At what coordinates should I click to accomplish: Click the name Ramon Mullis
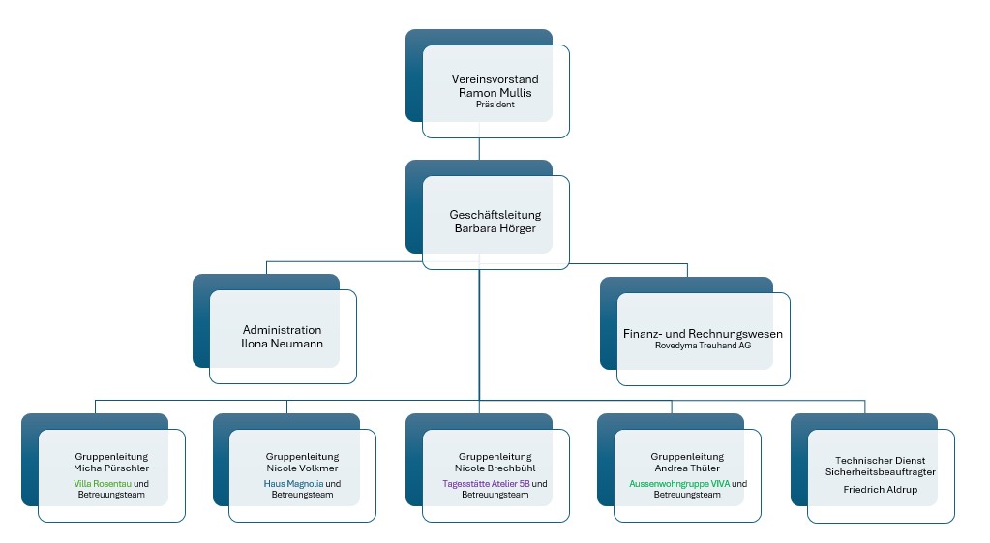tap(495, 93)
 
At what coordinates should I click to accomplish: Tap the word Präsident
tap(495, 105)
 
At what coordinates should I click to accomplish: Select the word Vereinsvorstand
tap(495, 79)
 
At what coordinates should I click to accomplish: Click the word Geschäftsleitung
tap(495, 215)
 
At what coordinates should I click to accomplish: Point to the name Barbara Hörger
tap(495, 228)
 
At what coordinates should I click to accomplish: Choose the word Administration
tap(283, 330)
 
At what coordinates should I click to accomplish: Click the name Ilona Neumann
tap(283, 345)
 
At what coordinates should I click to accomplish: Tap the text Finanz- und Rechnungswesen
tap(703, 334)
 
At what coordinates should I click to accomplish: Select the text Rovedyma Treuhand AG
tap(703, 346)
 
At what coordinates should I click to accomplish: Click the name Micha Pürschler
tap(111, 468)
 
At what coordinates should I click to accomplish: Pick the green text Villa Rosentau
tap(103, 484)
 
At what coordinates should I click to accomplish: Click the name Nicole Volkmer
tap(303, 468)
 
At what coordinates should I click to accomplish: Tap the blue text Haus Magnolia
tap(293, 484)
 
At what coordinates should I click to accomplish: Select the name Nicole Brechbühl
tap(495, 468)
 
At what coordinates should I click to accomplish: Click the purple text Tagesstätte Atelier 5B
tap(486, 484)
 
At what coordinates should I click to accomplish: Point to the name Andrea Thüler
tap(687, 468)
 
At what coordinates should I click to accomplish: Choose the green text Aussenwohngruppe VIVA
tap(679, 484)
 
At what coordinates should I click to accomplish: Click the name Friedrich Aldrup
tap(880, 490)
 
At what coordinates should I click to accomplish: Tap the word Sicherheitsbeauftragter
tap(880, 472)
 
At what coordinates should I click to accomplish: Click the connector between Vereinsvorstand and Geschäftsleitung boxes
tap(479, 149)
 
